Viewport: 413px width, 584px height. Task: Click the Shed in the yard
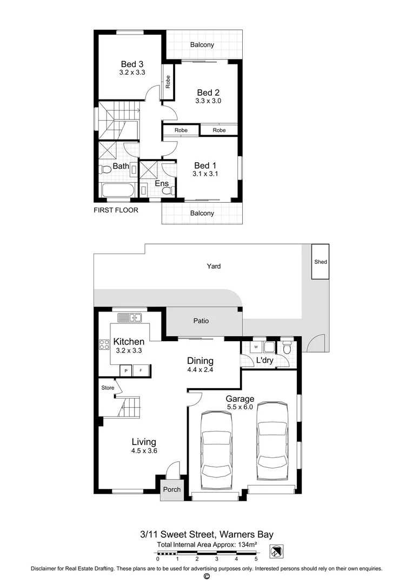(x=320, y=262)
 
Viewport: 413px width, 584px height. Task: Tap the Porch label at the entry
(x=172, y=489)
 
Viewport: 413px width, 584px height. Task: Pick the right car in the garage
(x=272, y=441)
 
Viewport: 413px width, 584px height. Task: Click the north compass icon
(x=276, y=551)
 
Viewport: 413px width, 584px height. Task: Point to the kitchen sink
(x=130, y=318)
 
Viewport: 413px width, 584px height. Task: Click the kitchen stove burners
(x=104, y=344)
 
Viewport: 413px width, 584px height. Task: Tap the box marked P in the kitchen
(x=126, y=370)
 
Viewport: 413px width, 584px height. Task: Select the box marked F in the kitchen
(x=141, y=370)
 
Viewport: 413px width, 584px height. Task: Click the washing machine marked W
(x=256, y=347)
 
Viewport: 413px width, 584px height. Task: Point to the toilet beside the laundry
(x=287, y=348)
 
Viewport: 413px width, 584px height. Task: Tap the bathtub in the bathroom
(x=118, y=191)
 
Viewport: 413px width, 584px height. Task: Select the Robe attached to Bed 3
(x=168, y=82)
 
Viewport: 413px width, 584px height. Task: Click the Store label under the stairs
(x=108, y=388)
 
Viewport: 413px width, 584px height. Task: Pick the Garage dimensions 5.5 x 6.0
(x=240, y=407)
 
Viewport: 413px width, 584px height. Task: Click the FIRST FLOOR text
(x=116, y=210)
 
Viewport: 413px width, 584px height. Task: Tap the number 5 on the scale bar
(x=256, y=559)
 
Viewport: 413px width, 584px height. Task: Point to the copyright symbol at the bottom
(x=207, y=576)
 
